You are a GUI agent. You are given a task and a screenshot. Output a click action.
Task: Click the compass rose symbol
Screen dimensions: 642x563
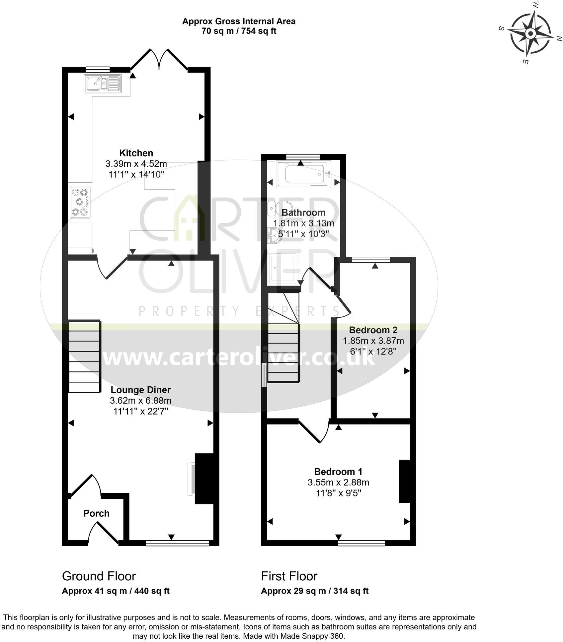[x=530, y=34]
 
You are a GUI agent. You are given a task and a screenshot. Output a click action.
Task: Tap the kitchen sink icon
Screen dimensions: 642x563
[x=103, y=83]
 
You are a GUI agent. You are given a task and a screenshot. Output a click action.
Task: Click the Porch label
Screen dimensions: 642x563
[x=96, y=513]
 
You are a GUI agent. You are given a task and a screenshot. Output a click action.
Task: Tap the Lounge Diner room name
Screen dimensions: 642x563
[x=141, y=390]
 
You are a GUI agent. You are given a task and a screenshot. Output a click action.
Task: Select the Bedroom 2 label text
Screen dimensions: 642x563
[x=373, y=330]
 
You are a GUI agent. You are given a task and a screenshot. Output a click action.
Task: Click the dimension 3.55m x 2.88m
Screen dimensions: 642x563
[x=338, y=482]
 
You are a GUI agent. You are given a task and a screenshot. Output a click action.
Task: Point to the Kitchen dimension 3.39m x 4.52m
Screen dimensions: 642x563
[x=136, y=163]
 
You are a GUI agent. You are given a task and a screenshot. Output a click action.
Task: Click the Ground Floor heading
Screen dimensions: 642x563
[x=99, y=576]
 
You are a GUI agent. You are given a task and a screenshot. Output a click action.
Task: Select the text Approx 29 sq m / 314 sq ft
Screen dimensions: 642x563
[x=314, y=591]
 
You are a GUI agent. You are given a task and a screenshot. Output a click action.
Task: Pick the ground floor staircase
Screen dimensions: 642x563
[x=84, y=356]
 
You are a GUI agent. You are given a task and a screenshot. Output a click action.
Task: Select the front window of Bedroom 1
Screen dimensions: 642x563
[x=362, y=543]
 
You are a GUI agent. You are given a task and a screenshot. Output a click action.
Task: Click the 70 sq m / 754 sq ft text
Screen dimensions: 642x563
[x=239, y=31]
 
